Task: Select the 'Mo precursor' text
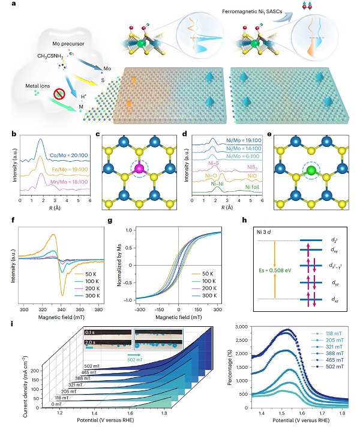(x=65, y=45)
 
